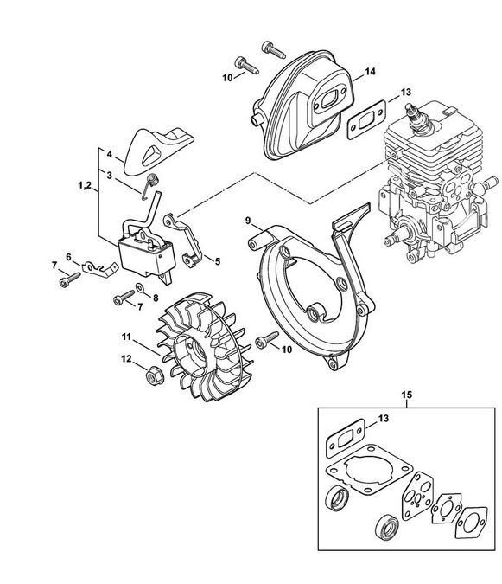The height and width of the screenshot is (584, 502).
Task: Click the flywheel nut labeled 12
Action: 152,377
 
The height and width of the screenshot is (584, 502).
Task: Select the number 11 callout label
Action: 126,337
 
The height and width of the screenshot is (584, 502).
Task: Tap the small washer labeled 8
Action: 141,288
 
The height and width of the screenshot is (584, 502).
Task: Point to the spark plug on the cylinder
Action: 418,118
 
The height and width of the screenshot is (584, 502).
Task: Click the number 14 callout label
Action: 370,71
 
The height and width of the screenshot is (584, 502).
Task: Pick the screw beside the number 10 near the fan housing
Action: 267,339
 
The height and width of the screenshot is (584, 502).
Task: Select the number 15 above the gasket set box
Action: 407,394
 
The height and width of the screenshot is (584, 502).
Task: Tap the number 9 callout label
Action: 248,221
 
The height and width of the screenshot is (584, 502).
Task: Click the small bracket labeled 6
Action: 99,268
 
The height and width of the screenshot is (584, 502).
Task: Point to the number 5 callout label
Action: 218,261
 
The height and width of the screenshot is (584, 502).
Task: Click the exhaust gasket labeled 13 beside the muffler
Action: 366,119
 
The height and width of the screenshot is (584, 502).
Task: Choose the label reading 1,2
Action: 85,185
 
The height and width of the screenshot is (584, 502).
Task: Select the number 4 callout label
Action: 109,154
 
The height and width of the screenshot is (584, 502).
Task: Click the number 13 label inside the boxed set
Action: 384,418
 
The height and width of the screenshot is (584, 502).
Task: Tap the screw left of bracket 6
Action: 70,279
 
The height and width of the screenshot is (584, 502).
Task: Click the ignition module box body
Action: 146,256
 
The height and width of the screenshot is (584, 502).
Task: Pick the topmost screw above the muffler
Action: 273,49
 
